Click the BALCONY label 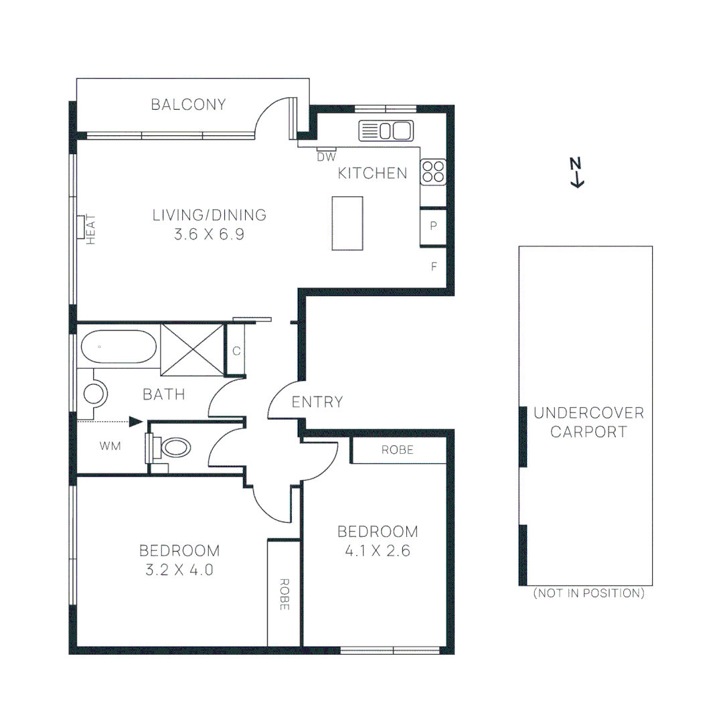click(x=188, y=104)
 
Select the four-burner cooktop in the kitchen click(x=432, y=171)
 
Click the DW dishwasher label click(x=326, y=157)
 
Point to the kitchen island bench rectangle click(x=347, y=223)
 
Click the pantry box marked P click(x=433, y=226)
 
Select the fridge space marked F click(x=434, y=266)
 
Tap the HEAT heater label click(x=92, y=228)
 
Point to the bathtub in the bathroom click(x=118, y=347)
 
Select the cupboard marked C click(x=236, y=350)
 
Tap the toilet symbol click(x=175, y=447)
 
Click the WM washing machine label click(x=110, y=446)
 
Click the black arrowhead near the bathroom click(x=136, y=421)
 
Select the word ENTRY click(x=317, y=402)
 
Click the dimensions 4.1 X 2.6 click(x=378, y=551)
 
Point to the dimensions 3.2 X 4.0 click(x=179, y=570)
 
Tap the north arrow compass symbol click(x=576, y=172)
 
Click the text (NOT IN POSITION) click(x=588, y=593)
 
